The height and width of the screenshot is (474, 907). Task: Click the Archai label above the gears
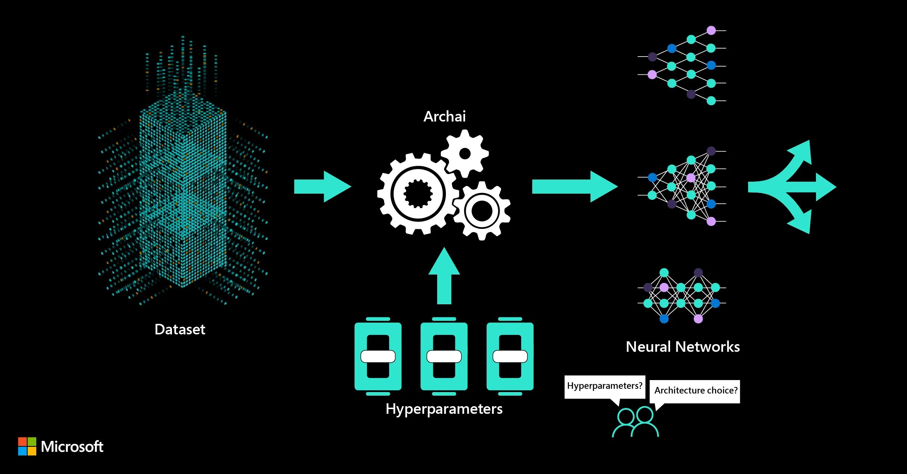coord(444,116)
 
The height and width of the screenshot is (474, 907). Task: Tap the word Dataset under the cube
coord(180,329)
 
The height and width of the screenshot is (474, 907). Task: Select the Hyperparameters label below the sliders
coord(444,409)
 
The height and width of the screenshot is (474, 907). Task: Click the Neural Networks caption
coord(682,347)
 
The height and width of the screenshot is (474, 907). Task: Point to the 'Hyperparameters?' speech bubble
coord(604,386)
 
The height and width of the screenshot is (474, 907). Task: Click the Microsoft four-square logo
coord(27,446)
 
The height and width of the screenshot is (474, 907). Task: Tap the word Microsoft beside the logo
coord(72,446)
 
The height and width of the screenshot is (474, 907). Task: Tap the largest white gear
coord(418,194)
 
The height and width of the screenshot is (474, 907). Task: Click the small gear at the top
coord(465,153)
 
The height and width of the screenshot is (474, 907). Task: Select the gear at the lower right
coord(482,211)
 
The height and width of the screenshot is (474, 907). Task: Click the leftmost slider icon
coord(378,356)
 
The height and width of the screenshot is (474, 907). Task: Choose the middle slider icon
coord(444,356)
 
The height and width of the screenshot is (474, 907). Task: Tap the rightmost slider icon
coord(510,356)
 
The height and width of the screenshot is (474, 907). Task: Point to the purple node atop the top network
coord(711,30)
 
